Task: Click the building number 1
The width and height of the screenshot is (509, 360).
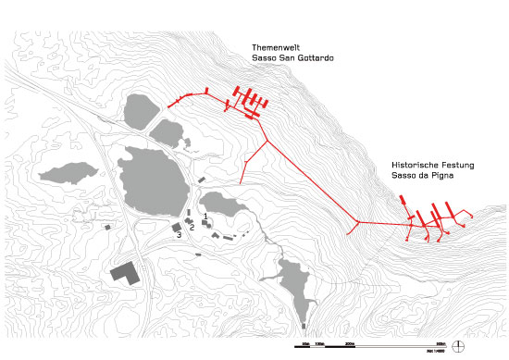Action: click(x=205, y=216)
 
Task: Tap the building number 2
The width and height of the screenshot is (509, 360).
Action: click(x=192, y=226)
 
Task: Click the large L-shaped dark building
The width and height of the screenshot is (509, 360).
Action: click(x=123, y=272)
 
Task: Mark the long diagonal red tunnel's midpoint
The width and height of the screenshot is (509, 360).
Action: click(x=310, y=181)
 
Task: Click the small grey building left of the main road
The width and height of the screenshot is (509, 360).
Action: click(x=108, y=226)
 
